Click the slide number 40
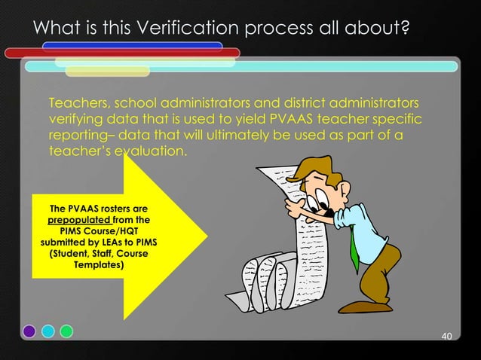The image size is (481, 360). (x=446, y=335)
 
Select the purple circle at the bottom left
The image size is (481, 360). (x=29, y=330)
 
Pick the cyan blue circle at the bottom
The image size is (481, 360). (x=47, y=330)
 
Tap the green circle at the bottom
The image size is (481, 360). (x=66, y=330)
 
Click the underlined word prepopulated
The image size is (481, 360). (x=74, y=220)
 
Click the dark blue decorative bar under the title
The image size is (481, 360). (x=133, y=45)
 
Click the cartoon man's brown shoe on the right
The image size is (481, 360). (x=376, y=305)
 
